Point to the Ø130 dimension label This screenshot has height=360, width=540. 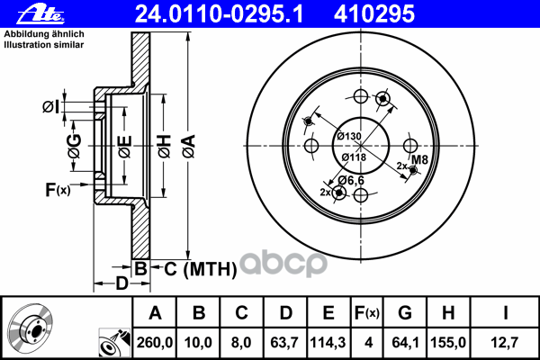click(x=349, y=136)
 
